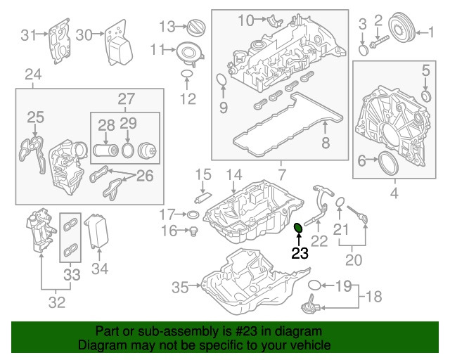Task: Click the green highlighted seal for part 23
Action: pyautogui.click(x=298, y=227)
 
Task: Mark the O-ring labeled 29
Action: pyautogui.click(x=128, y=150)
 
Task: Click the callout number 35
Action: pyautogui.click(x=181, y=286)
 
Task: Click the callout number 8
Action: pyautogui.click(x=326, y=143)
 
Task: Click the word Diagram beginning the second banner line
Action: pyautogui.click(x=101, y=345)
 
